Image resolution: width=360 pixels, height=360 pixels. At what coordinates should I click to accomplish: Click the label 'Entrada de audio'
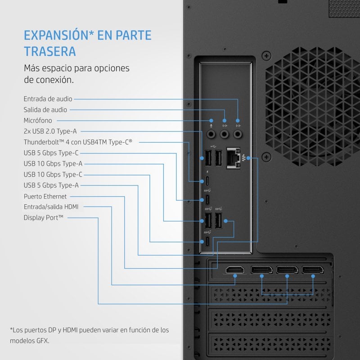[48, 99]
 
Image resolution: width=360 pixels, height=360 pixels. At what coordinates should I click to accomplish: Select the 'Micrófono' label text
[38, 121]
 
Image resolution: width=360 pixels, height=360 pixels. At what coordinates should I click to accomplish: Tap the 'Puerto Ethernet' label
[45, 197]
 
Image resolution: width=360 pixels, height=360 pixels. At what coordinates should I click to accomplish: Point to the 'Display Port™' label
[43, 218]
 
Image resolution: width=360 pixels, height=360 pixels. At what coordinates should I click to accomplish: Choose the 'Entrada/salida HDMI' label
[51, 207]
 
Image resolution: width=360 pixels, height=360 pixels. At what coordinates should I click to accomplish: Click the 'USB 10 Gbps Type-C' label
[53, 175]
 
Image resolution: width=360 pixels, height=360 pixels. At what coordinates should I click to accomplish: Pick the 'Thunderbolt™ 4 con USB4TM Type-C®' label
[78, 142]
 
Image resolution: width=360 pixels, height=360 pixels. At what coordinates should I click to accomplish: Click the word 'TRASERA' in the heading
[50, 51]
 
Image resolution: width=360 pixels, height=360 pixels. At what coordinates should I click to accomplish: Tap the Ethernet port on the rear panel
[233, 158]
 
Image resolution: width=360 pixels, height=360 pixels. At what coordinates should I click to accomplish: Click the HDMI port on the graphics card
[235, 270]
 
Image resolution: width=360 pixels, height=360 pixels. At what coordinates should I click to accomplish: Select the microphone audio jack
[211, 134]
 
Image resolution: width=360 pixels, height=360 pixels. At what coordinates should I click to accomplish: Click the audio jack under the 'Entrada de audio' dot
[238, 134]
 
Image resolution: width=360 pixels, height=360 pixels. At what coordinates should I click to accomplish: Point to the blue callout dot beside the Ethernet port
[248, 158]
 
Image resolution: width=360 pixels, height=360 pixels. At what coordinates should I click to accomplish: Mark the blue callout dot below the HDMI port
[235, 276]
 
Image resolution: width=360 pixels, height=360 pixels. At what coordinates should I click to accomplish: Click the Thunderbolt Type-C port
[207, 181]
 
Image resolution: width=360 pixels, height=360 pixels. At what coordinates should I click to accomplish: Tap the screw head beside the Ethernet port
[266, 157]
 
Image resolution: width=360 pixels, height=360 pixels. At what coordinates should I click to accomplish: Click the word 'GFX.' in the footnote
[43, 341]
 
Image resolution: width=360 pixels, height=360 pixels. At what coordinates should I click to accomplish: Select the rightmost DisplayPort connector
[313, 270]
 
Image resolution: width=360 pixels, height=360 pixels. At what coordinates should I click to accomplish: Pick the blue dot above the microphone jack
[211, 121]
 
